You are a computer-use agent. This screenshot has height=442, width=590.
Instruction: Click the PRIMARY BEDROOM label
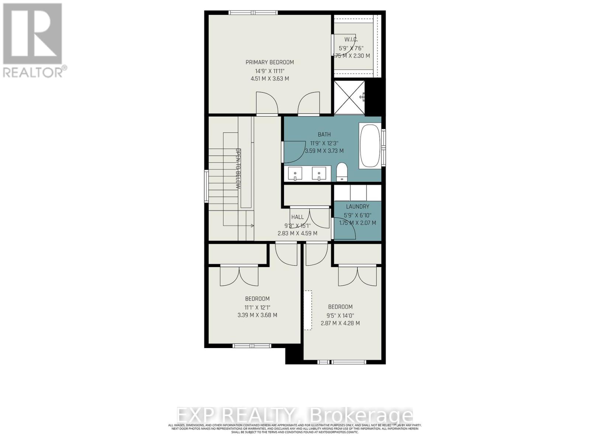pyautogui.click(x=270, y=62)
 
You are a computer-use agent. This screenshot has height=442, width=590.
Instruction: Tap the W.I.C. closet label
pyautogui.click(x=351, y=39)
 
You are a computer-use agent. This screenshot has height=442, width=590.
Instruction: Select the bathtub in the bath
pyautogui.click(x=370, y=146)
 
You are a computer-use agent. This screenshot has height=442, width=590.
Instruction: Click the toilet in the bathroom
pyautogui.click(x=342, y=172)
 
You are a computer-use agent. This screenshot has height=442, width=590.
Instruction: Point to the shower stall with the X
pyautogui.click(x=349, y=97)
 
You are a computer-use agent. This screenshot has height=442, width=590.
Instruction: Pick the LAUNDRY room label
pyautogui.click(x=357, y=207)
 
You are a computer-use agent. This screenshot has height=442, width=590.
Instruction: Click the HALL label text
pyautogui.click(x=297, y=217)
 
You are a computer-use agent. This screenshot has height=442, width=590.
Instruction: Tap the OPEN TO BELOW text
pyautogui.click(x=238, y=169)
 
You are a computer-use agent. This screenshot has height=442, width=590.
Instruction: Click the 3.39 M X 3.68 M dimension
pyautogui.click(x=257, y=315)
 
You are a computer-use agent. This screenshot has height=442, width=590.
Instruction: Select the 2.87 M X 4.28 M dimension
pyautogui.click(x=340, y=323)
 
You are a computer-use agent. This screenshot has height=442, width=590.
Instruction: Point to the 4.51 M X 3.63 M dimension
pyautogui.click(x=270, y=78)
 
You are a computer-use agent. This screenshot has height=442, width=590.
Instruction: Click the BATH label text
pyautogui.click(x=324, y=134)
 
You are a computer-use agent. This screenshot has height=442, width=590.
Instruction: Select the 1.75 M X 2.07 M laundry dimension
pyautogui.click(x=357, y=223)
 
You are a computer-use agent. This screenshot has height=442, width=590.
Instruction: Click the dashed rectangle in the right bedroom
pyautogui.click(x=308, y=310)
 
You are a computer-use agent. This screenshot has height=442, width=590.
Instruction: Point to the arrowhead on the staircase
pyautogui.click(x=252, y=225)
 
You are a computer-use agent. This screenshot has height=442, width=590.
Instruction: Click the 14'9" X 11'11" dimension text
pyautogui.click(x=270, y=70)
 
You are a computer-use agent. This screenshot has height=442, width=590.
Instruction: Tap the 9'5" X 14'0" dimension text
pyautogui.click(x=340, y=315)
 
